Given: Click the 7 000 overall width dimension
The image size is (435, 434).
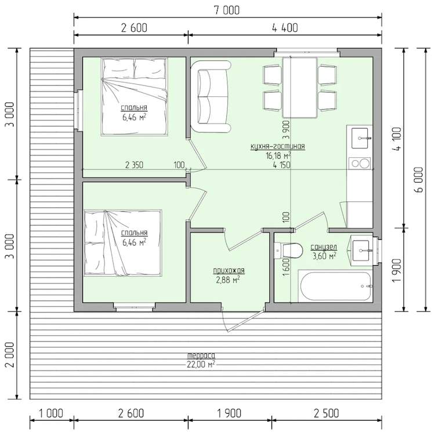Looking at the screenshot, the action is pos(227,10).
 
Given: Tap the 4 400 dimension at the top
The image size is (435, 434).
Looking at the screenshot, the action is pos(285,28).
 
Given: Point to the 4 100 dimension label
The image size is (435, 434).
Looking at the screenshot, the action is pos(397,139).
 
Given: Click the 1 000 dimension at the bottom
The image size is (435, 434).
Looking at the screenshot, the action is pos(51,413).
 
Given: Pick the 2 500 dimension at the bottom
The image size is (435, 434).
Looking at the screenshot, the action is pos(326,413).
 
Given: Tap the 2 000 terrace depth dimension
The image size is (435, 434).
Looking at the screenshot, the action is pos(10,355).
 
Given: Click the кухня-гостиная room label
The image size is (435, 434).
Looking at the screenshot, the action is pos(278,147).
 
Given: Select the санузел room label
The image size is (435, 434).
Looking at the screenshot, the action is pos(324,247).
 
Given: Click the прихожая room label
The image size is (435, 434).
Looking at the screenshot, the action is pos(229,270).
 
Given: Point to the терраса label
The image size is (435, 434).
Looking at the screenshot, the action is pos(201,356).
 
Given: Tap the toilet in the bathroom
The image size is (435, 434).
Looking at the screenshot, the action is pos(288,250).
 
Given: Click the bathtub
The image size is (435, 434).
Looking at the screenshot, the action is pos(335,286).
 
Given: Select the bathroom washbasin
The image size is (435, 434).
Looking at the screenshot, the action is pos(361,251).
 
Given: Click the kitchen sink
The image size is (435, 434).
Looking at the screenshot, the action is pos(360,138).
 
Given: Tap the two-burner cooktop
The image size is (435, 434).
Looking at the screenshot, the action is pos(360,163).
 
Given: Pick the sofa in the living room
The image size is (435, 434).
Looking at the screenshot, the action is pos(211,96).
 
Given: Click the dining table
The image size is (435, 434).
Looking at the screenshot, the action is pos(300,88).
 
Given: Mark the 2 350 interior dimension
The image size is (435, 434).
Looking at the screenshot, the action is pos(135,165).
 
